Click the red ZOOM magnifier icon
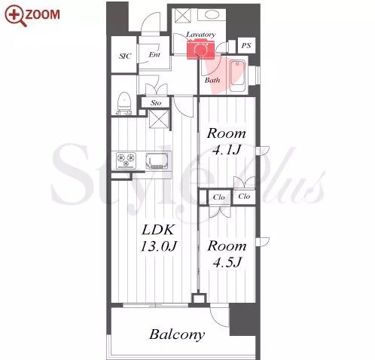click(16, 16)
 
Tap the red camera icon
click(200, 50)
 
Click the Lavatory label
click(201, 35)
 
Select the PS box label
click(246, 45)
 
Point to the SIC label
click(125, 56)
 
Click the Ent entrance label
click(154, 54)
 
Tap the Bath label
click(212, 80)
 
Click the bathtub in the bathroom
click(237, 76)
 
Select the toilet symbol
click(124, 103)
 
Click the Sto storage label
click(156, 102)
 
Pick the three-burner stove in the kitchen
click(126, 160)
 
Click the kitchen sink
click(157, 161)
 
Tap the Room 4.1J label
click(227, 142)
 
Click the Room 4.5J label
click(227, 254)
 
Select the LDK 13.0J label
click(158, 238)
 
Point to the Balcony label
click(177, 334)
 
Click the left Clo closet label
click(219, 197)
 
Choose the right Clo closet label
click(244, 197)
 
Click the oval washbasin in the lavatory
click(212, 14)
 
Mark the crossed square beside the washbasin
click(183, 16)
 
